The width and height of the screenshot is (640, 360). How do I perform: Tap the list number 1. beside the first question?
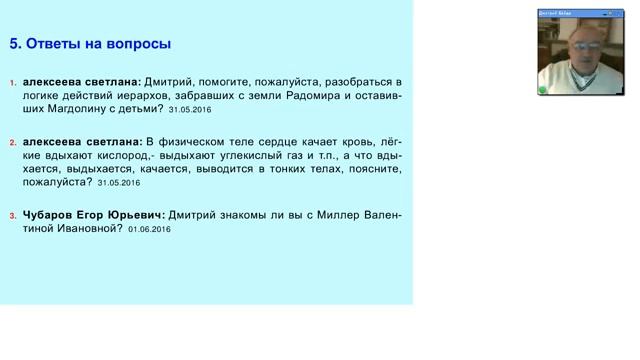[13, 83]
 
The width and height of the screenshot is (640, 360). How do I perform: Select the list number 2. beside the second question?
[13, 143]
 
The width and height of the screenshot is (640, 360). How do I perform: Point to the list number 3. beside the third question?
[13, 216]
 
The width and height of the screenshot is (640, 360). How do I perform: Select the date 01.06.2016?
[150, 230]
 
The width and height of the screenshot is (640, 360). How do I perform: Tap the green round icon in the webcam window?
[543, 90]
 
